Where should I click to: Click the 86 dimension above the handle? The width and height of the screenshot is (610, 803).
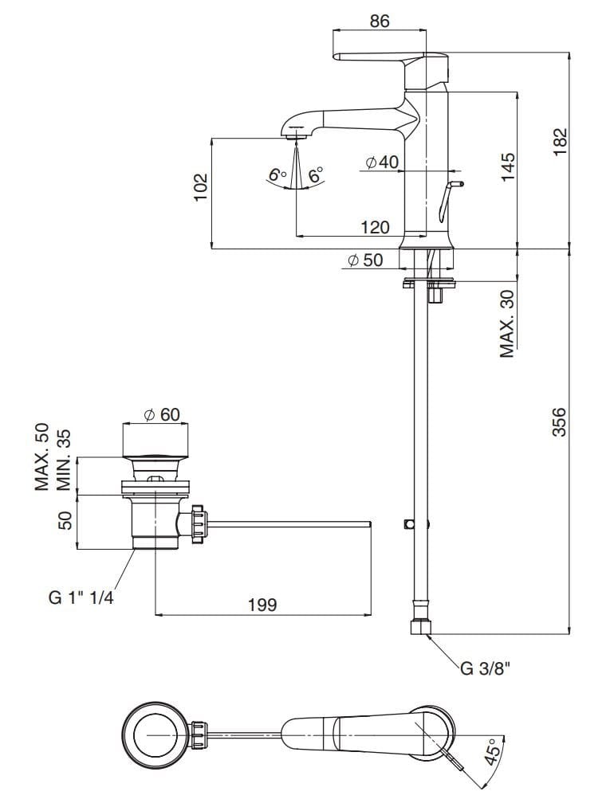[380, 22]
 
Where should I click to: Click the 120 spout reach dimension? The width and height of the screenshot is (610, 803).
[375, 227]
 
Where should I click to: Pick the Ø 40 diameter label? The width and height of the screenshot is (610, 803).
[382, 163]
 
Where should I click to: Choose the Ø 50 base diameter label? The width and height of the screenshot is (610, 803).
[365, 260]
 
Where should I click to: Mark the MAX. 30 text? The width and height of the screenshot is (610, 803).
[508, 323]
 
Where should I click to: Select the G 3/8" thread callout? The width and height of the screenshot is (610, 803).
[484, 667]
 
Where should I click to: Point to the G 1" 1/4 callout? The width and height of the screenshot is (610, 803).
[81, 598]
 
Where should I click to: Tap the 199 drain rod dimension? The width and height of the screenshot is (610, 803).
[262, 605]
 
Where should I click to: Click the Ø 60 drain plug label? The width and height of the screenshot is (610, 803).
[162, 415]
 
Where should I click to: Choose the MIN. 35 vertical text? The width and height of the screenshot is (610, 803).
[64, 460]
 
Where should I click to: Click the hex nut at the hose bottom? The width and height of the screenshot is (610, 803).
[422, 628]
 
